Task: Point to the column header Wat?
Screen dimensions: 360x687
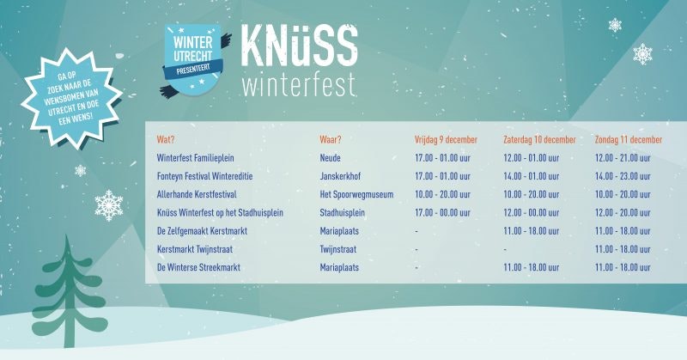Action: coord(166,139)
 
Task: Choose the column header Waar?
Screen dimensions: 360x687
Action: coord(331,139)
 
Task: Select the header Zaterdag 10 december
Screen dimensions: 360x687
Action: coord(538,139)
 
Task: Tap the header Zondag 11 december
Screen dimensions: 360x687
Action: coord(628,139)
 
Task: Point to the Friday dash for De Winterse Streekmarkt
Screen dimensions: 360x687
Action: coord(416,268)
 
